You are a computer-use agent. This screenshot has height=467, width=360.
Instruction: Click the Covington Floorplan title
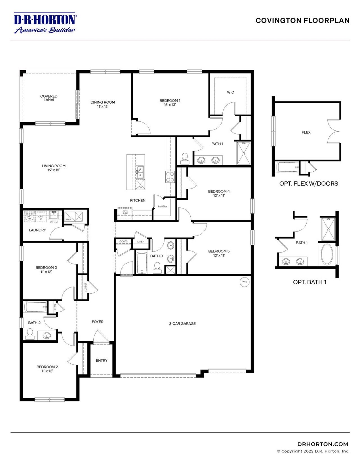(x=302, y=21)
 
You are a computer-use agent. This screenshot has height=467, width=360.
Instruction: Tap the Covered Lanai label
(x=49, y=98)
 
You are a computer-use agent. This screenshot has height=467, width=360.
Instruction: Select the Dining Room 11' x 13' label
(x=103, y=104)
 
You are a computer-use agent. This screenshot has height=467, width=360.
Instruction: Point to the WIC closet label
(x=230, y=92)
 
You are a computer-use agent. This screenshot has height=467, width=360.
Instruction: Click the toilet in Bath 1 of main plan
(x=185, y=159)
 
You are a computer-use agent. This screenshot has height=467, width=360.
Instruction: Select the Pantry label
(x=163, y=207)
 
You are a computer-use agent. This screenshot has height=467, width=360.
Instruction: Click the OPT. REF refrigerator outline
(x=125, y=212)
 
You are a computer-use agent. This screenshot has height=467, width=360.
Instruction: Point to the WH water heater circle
(x=244, y=282)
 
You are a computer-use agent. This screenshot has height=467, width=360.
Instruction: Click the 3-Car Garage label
(x=182, y=323)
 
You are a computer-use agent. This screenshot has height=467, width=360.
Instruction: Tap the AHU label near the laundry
(x=68, y=219)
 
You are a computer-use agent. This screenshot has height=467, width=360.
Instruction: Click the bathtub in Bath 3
(x=142, y=262)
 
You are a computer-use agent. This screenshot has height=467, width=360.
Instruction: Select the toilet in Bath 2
(x=30, y=333)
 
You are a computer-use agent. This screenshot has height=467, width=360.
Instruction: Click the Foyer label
(x=98, y=322)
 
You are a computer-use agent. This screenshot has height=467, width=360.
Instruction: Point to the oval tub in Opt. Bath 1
(x=327, y=254)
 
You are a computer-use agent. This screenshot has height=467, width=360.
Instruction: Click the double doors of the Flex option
(x=334, y=132)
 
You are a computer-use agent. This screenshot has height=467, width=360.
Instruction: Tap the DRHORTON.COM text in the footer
(x=323, y=444)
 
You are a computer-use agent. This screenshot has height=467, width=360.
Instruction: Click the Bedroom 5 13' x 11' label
(x=219, y=253)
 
